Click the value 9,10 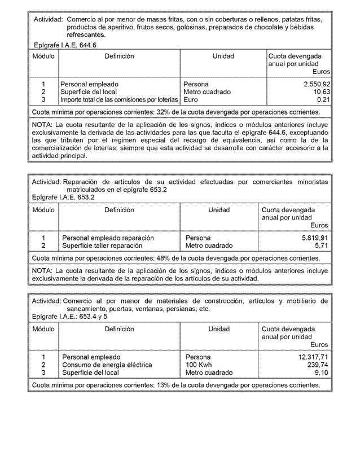[x=321, y=373]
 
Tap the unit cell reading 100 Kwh [x=200, y=365]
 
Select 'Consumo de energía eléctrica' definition [x=107, y=365]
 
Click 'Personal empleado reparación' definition [x=108, y=238]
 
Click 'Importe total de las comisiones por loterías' [x=119, y=100]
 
